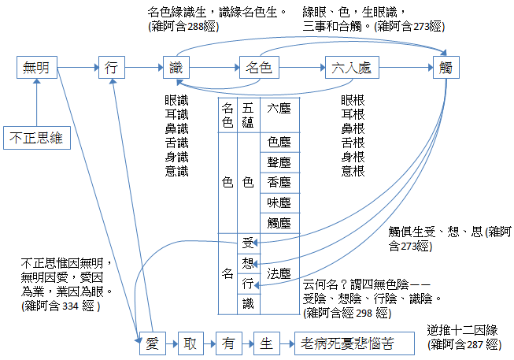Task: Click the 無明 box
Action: click(x=37, y=68)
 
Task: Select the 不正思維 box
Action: click(x=35, y=139)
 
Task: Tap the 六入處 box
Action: click(x=346, y=68)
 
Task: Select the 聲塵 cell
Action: click(x=279, y=162)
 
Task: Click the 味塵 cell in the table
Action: click(x=279, y=202)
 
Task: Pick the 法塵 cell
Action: click(x=279, y=273)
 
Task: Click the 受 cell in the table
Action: click(x=248, y=243)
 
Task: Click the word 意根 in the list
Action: click(x=353, y=171)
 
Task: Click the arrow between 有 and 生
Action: click(x=245, y=343)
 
